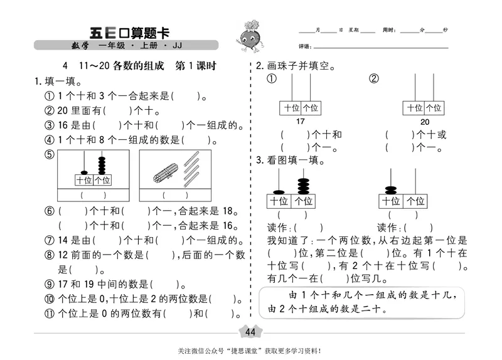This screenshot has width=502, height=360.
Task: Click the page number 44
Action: click(250, 332)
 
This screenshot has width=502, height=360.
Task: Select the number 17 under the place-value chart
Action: click(300, 122)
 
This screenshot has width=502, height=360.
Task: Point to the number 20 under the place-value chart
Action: click(425, 122)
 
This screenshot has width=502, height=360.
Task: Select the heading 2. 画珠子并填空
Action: click(294, 66)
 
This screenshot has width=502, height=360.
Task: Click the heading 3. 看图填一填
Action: click(290, 160)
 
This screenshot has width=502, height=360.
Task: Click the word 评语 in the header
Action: click(305, 47)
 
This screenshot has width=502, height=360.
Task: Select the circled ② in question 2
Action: click(374, 79)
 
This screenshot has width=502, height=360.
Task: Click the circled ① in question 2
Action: click(272, 79)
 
